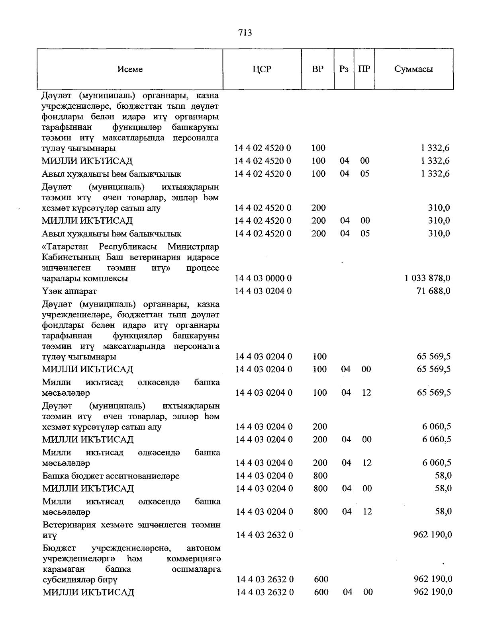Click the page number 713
(245, 33)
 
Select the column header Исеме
(130, 69)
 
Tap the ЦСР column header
(262, 69)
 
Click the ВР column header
(317, 69)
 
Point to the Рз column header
(344, 69)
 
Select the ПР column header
(364, 69)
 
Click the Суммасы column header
(413, 69)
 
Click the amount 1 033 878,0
(427, 278)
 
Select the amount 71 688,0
(433, 291)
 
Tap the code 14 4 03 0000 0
(263, 278)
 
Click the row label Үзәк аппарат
(69, 291)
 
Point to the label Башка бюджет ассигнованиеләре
(111, 476)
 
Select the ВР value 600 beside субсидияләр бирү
(321, 579)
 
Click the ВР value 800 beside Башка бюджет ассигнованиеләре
(320, 476)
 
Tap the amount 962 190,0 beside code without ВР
(433, 535)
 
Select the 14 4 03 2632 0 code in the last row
(265, 592)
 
